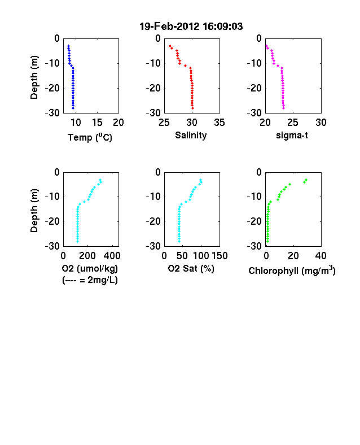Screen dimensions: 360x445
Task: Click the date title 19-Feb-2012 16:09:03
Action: (x=191, y=27)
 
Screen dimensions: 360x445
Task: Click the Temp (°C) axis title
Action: (x=90, y=137)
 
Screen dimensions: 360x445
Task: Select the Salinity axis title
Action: (x=191, y=136)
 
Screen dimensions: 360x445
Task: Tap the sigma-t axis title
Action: (x=292, y=136)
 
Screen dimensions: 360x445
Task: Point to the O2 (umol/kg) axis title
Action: (x=90, y=268)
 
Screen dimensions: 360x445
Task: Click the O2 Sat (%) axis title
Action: (x=191, y=268)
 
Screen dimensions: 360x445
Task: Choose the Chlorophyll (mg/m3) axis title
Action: (x=292, y=270)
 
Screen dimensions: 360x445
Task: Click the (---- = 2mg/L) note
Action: (x=90, y=280)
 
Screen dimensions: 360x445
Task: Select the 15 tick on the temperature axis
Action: (x=97, y=123)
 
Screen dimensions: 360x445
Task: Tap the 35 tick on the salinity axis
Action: (x=219, y=123)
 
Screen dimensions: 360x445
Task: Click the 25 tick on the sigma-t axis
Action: (x=292, y=123)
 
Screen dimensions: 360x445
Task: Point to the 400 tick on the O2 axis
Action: (x=112, y=256)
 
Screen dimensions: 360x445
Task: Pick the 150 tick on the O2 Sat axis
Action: (x=219, y=256)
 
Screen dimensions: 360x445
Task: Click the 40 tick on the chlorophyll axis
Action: (x=321, y=256)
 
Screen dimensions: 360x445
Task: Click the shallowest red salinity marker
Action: (x=170, y=46)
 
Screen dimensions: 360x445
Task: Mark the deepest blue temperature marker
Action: (x=73, y=108)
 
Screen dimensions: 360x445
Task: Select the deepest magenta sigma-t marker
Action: (x=283, y=108)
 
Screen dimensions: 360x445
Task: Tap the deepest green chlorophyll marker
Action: (x=267, y=242)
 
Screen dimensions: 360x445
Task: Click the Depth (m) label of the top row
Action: (x=34, y=77)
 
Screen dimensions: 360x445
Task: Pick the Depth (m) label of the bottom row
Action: (x=34, y=211)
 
